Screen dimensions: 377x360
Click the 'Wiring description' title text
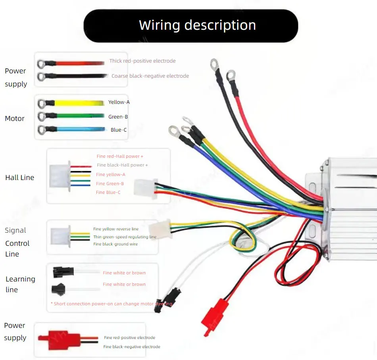click(197, 25)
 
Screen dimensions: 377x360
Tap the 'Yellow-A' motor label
click(119, 102)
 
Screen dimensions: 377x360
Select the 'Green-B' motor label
click(118, 117)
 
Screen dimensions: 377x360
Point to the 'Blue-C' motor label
click(119, 130)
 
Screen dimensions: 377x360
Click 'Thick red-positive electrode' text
click(142, 61)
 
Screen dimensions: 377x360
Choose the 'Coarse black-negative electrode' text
click(150, 76)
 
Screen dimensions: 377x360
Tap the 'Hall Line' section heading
click(20, 178)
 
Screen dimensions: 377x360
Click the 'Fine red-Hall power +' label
click(120, 156)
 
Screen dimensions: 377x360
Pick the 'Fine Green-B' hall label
click(110, 184)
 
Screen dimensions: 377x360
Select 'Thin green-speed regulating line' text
click(125, 237)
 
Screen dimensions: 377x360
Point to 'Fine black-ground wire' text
click(115, 244)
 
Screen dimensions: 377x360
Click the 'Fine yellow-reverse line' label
click(116, 229)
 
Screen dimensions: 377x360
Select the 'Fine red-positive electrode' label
click(130, 337)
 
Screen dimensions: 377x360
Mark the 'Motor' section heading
click(15, 119)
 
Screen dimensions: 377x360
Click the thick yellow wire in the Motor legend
click(79, 103)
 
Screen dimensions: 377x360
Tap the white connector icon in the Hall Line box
click(60, 176)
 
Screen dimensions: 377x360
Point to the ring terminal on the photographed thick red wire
click(231, 75)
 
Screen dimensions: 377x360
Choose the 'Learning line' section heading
click(20, 284)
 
